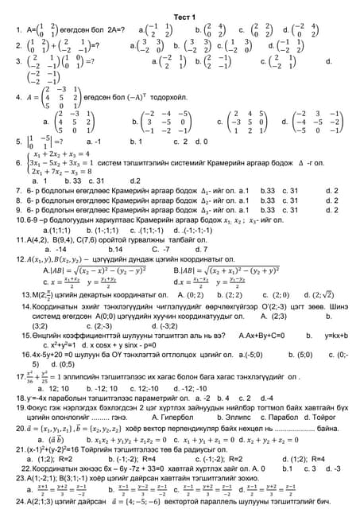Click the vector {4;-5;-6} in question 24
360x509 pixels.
[x=151, y=502]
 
